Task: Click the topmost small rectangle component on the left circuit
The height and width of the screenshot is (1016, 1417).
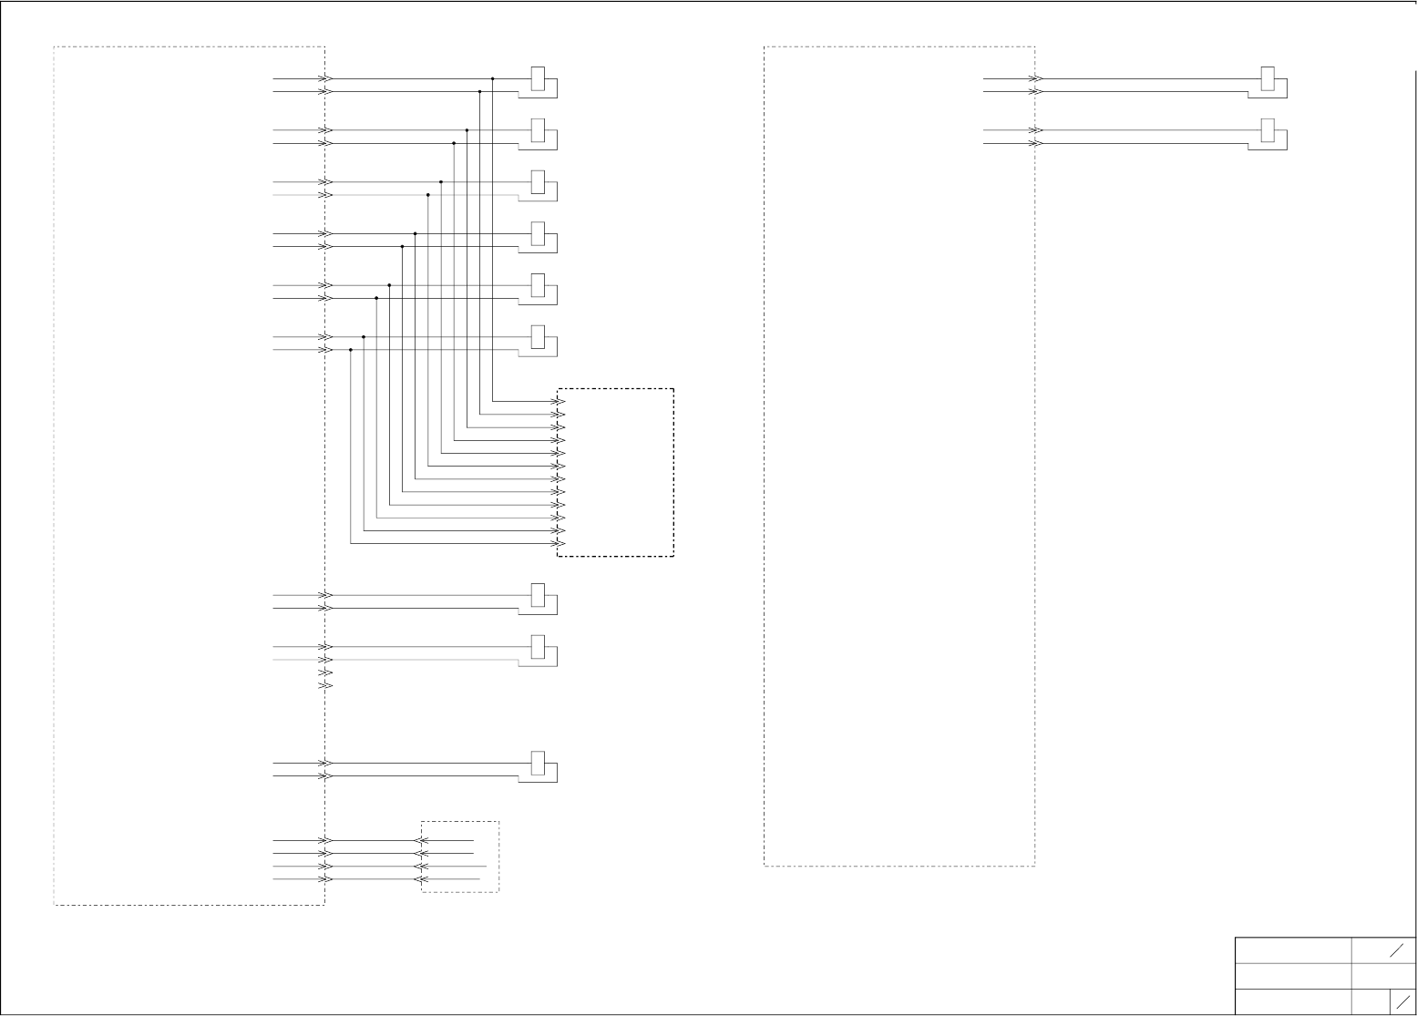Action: [538, 79]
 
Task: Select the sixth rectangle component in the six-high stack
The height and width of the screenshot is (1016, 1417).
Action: [538, 337]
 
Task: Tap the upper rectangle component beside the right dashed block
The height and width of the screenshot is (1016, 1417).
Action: [1268, 79]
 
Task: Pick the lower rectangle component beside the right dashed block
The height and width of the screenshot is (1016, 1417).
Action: [1268, 131]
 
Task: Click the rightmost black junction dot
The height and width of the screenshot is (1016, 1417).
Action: [493, 79]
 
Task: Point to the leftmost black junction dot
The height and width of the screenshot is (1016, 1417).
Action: [351, 350]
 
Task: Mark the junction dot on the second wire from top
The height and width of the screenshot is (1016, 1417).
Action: [480, 92]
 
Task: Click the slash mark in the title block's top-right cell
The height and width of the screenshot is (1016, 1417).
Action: [1396, 951]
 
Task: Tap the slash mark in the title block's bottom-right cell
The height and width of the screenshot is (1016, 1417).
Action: [1403, 1001]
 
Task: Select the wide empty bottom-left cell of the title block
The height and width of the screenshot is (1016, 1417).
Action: [1293, 1001]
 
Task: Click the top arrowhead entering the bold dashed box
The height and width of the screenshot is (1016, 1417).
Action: [560, 402]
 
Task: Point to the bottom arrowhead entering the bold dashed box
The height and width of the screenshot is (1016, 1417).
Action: [560, 544]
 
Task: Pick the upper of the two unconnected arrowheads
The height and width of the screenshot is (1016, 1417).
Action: [325, 672]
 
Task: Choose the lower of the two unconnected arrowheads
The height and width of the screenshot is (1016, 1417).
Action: [325, 685]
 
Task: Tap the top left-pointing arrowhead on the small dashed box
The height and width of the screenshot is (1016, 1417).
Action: [421, 841]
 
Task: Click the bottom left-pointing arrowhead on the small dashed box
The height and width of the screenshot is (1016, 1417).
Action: [421, 879]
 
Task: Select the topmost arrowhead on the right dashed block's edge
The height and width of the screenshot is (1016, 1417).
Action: [1035, 79]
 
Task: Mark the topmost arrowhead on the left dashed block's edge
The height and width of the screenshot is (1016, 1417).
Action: [325, 79]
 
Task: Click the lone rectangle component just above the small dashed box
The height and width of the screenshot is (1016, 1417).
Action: [538, 764]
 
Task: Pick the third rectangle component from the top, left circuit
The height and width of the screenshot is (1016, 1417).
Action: [538, 182]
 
